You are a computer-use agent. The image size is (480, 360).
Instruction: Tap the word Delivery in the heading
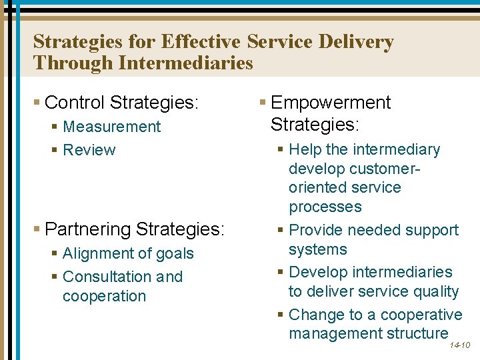pos(357,42)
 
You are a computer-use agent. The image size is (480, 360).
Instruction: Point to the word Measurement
pos(112,127)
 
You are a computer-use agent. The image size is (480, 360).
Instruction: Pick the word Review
pos(89,150)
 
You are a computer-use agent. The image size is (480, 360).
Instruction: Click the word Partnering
pos(87,229)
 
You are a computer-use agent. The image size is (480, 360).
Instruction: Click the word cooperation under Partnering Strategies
pos(104,296)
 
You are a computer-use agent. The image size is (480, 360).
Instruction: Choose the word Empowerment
pos(331,103)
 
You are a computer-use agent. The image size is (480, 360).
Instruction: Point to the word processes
pos(325,207)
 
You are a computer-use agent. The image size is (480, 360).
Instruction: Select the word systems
pos(318,249)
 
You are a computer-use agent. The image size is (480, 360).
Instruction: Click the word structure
pos(417,333)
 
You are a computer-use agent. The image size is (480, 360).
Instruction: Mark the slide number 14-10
pos(460,345)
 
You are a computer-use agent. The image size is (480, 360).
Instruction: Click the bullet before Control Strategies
pos(37,103)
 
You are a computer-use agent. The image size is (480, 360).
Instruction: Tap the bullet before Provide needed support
pos(282,231)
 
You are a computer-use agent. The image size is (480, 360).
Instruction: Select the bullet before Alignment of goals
pos(56,254)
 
